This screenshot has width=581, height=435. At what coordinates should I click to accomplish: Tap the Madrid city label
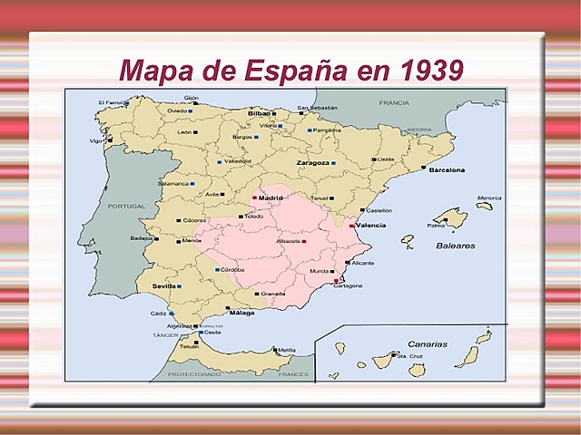(271, 198)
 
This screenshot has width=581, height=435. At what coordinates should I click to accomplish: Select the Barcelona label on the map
(447, 169)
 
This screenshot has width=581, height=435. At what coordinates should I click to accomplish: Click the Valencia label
(372, 225)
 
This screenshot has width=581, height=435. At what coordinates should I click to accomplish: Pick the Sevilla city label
(164, 285)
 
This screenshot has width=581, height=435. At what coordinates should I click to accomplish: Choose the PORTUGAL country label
(126, 206)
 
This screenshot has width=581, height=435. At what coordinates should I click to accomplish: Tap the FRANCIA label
(395, 103)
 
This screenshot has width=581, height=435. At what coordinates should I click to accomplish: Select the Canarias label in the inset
(427, 344)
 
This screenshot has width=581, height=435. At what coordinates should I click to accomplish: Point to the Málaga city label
(241, 313)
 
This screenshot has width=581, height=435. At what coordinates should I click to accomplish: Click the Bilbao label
(260, 113)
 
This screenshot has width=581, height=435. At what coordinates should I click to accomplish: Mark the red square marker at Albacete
(304, 242)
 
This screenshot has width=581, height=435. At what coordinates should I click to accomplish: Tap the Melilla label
(287, 350)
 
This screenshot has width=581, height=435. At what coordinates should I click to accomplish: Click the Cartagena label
(347, 285)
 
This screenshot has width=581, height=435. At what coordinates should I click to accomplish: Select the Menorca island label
(489, 198)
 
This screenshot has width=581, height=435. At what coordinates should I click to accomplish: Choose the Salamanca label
(173, 183)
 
